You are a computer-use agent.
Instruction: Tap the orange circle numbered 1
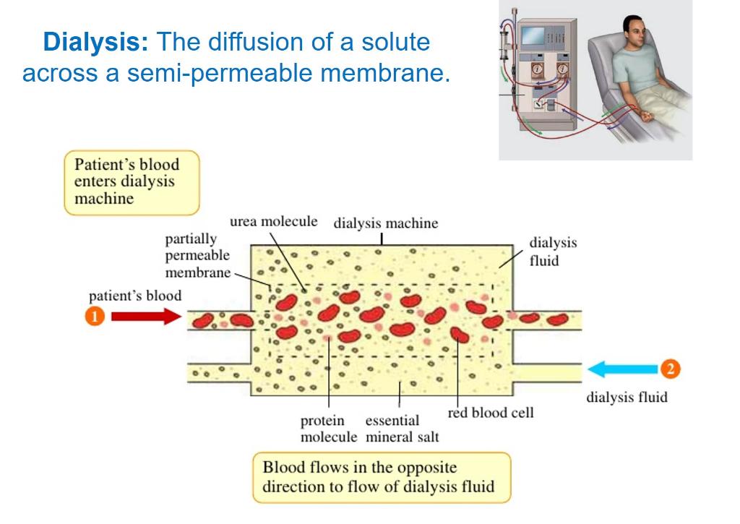click(95, 317)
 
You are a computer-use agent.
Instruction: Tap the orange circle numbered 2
click(671, 369)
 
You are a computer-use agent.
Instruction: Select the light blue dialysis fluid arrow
click(622, 369)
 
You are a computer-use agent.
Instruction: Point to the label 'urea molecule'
click(273, 221)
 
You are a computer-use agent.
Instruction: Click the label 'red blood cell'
click(491, 413)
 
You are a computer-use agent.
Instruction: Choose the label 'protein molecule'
click(329, 429)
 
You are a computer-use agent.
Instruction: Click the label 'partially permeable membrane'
click(197, 255)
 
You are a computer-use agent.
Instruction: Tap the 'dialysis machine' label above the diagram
click(385, 223)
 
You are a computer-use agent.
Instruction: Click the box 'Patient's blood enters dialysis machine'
click(131, 181)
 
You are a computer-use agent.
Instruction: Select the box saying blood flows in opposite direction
click(381, 477)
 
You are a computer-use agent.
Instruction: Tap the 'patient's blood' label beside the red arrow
click(135, 296)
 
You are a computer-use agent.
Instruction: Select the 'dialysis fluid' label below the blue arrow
click(627, 397)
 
